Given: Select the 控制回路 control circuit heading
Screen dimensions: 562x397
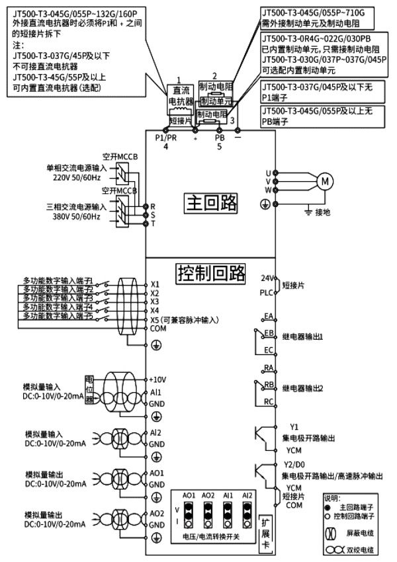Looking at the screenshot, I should pyautogui.click(x=211, y=272).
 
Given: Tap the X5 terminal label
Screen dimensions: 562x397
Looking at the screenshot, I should pyautogui.click(x=155, y=319).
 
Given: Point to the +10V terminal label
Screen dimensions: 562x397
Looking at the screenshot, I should pyautogui.click(x=159, y=381).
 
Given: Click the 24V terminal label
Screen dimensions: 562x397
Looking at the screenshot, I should pyautogui.click(x=267, y=278).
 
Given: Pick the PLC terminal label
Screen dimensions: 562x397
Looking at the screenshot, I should pyautogui.click(x=266, y=291).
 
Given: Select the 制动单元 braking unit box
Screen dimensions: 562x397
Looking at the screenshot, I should pyautogui.click(x=214, y=102).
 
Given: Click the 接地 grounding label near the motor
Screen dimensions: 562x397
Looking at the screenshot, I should pyautogui.click(x=323, y=212).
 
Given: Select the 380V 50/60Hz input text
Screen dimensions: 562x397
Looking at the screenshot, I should pyautogui.click(x=76, y=217).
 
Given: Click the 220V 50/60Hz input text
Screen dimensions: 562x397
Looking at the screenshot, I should pyautogui.click(x=76, y=177).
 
